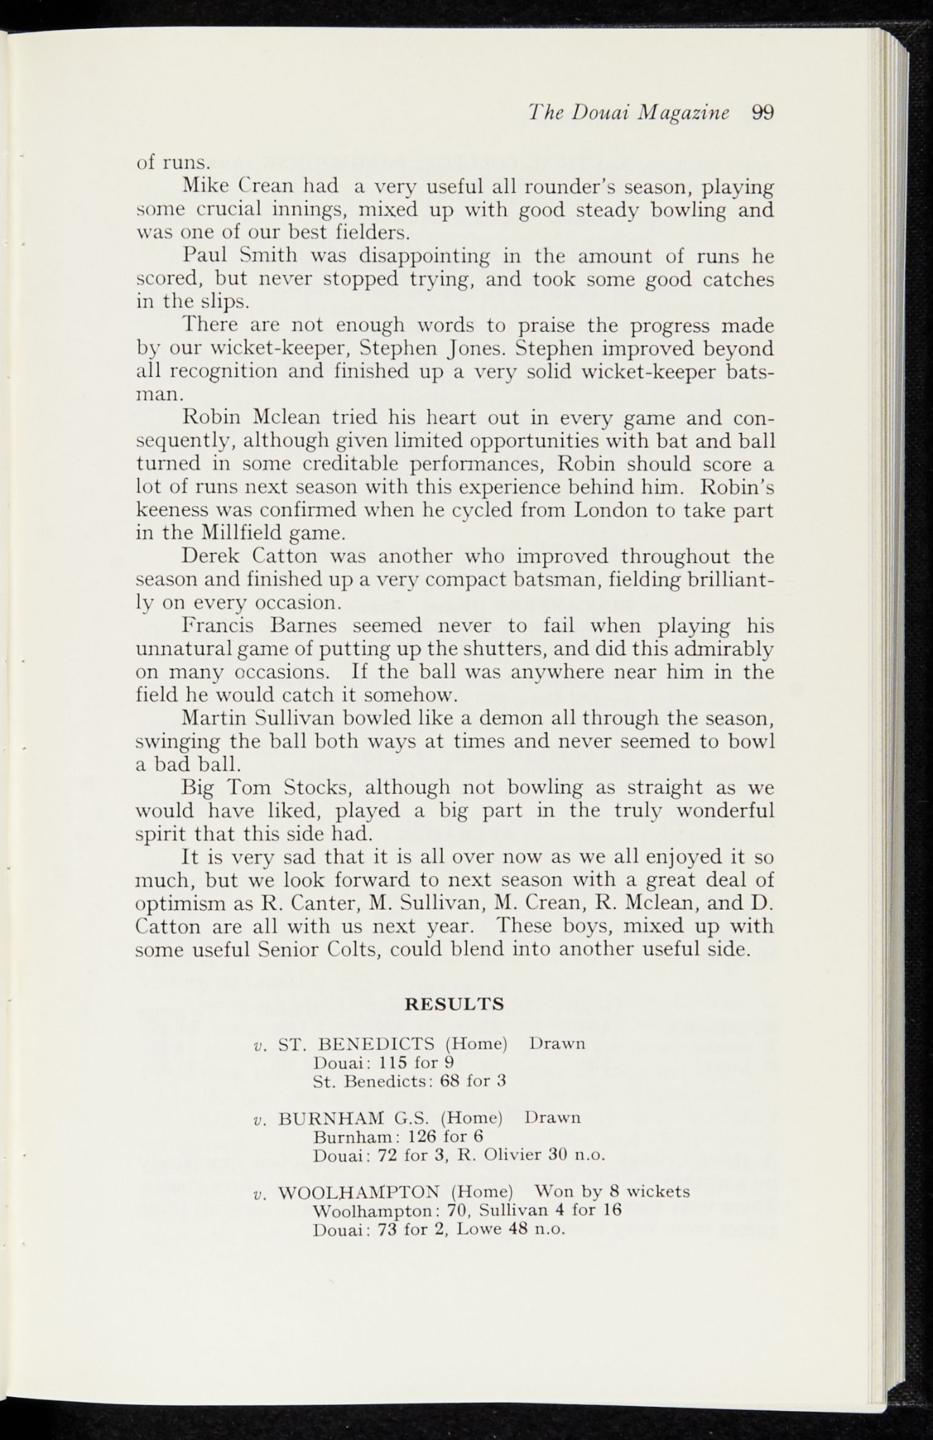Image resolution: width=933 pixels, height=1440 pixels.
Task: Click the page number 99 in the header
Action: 762,112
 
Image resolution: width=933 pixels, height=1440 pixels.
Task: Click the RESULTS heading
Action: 455,1003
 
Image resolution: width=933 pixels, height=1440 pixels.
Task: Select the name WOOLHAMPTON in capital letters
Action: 359,1192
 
